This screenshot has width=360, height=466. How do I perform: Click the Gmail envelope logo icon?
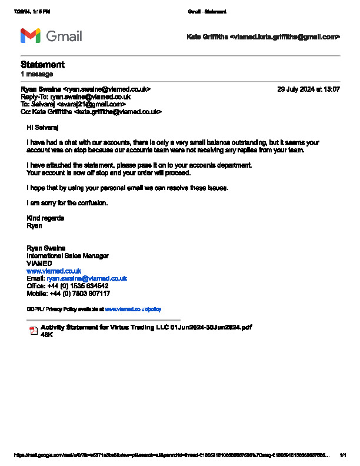tap(31, 36)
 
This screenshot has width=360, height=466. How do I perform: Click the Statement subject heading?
tap(42, 65)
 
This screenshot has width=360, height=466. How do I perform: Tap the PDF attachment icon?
tap(34, 331)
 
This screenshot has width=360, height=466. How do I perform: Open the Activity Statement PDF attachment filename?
tap(146, 327)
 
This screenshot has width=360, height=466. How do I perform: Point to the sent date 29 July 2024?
tap(308, 89)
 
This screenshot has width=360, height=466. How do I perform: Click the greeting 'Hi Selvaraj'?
tap(43, 127)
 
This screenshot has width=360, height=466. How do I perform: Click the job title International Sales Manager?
tap(68, 256)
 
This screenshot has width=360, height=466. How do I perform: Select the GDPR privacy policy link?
tap(132, 309)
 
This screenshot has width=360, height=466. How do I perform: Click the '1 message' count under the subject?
tap(36, 74)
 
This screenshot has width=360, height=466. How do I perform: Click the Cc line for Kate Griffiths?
tap(91, 111)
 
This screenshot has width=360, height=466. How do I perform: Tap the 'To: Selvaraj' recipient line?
tap(73, 104)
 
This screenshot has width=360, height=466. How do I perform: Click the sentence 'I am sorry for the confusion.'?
tap(67, 203)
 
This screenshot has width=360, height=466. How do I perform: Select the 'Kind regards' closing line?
tap(45, 218)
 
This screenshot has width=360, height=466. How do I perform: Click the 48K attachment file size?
tap(46, 334)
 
